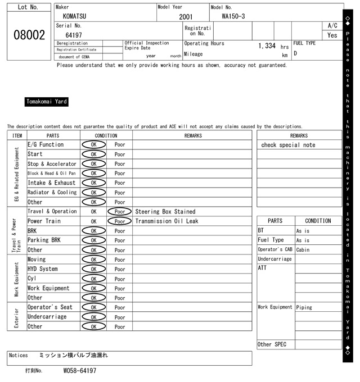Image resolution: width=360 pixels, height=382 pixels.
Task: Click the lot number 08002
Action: click(x=29, y=35)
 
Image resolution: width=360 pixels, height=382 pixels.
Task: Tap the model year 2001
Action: click(x=186, y=17)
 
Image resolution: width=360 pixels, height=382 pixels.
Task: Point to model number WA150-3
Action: click(x=233, y=16)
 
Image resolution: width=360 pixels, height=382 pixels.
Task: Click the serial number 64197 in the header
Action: click(x=74, y=35)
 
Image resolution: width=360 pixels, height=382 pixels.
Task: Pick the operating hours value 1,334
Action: click(x=267, y=46)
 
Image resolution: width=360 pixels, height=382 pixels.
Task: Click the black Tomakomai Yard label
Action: click(x=47, y=102)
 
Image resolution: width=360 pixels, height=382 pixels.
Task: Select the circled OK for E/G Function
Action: click(x=93, y=145)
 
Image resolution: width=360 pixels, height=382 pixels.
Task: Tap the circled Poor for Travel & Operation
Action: click(x=119, y=212)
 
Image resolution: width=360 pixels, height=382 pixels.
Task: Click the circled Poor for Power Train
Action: click(x=119, y=221)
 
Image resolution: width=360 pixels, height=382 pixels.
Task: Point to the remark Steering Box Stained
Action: click(x=165, y=212)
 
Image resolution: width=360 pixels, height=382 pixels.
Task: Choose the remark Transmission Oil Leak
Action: click(x=166, y=221)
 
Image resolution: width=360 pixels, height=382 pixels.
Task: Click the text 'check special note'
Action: click(x=288, y=145)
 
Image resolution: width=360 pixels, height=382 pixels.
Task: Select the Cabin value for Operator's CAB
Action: click(x=303, y=250)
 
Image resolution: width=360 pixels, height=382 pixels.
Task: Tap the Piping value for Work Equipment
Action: click(x=305, y=307)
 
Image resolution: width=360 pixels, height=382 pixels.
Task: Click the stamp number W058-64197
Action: click(x=80, y=371)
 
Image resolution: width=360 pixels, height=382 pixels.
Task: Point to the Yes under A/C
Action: click(x=332, y=35)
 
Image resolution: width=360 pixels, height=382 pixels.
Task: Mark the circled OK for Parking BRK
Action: click(x=93, y=240)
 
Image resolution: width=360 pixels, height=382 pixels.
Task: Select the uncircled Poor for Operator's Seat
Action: click(x=119, y=307)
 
